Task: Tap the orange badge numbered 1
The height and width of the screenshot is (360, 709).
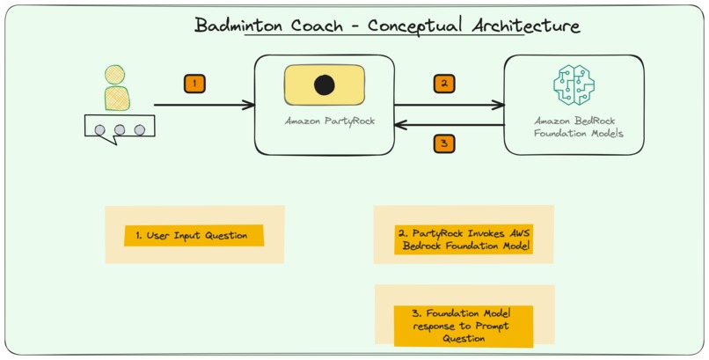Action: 194,84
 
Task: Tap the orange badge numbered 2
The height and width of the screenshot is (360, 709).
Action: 444,84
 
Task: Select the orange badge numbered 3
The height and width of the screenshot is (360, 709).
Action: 444,143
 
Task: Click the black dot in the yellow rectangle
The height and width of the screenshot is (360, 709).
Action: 325,85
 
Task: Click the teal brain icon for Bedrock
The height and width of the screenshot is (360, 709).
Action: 574,85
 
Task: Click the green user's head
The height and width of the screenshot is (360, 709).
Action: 113,74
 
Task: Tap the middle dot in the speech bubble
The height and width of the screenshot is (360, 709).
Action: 119,130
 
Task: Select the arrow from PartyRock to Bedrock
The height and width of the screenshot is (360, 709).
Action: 449,105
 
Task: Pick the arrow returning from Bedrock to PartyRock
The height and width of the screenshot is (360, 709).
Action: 449,126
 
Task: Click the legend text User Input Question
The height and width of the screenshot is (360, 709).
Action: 193,235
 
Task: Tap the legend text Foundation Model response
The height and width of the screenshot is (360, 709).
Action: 464,325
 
